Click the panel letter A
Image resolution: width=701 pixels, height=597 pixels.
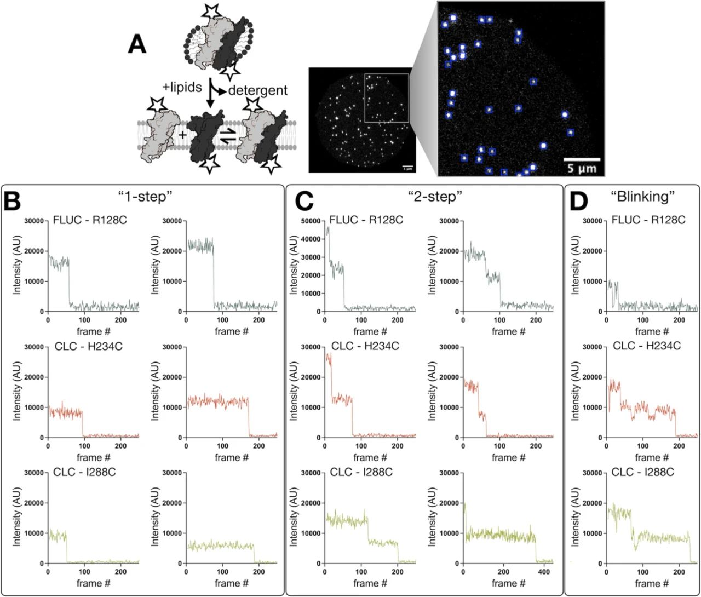[x=137, y=44]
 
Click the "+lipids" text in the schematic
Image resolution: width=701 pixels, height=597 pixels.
[x=183, y=87]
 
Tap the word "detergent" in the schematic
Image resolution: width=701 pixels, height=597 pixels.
[x=258, y=90]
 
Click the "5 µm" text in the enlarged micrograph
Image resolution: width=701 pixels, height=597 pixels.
[x=582, y=168]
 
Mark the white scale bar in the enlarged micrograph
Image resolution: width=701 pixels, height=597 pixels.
[x=582, y=159]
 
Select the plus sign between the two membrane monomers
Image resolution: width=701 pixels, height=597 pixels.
[x=182, y=134]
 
